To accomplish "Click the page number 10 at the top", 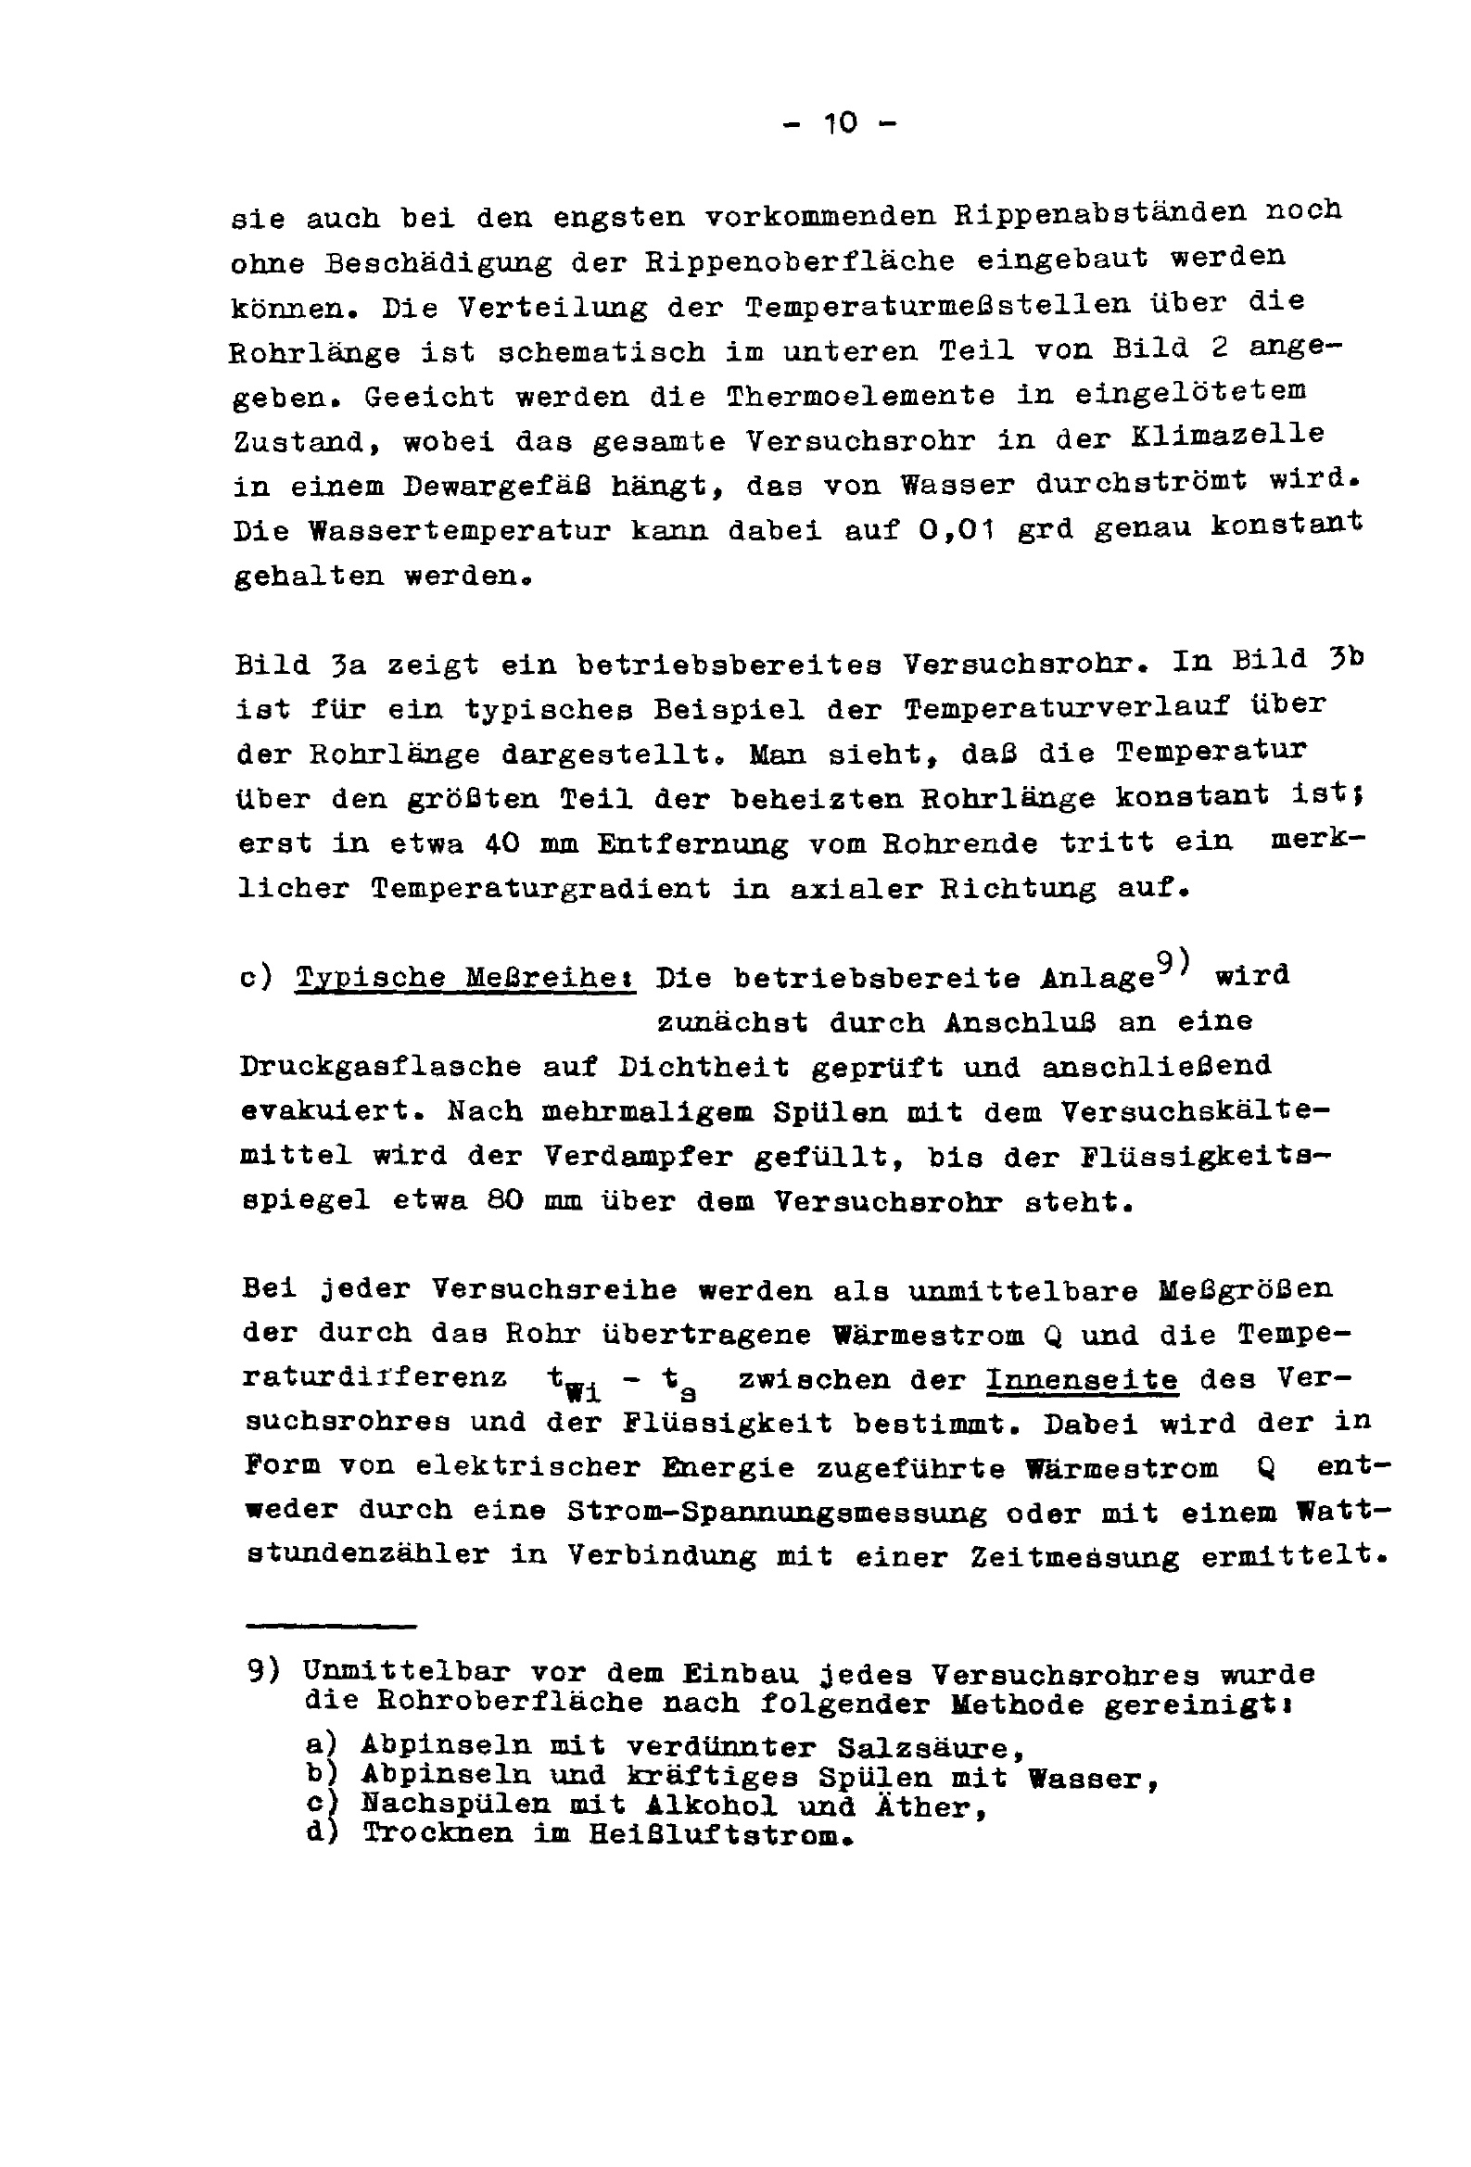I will pyautogui.click(x=840, y=122).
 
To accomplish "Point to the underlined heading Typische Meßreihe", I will pyautogui.click(x=464, y=977).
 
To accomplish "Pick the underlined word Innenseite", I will pyautogui.click(x=1082, y=1379).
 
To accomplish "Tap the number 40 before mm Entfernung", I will pyautogui.click(x=504, y=843).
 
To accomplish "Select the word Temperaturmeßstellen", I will pyautogui.click(x=937, y=305).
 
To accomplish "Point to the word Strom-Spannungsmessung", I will pyautogui.click(x=776, y=1513).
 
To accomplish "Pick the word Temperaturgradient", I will pyautogui.click(x=540, y=888).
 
